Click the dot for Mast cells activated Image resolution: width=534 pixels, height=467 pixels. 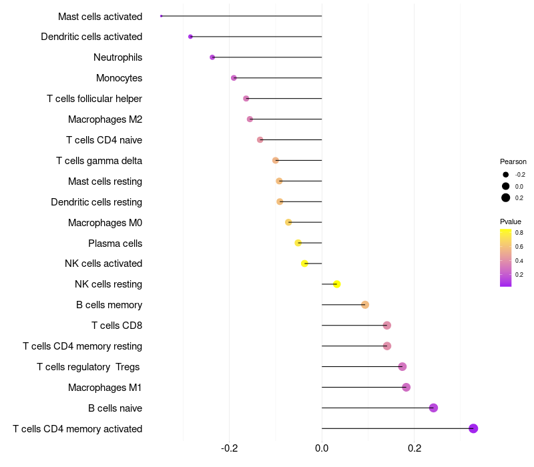(162, 16)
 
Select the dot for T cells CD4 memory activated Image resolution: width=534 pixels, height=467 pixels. (473, 428)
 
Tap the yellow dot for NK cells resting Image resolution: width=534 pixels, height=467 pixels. (337, 284)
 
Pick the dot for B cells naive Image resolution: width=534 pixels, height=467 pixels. (433, 408)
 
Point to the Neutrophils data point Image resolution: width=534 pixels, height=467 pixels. (212, 57)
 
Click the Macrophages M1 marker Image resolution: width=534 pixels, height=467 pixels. (406, 387)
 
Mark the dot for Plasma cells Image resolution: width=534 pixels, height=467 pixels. (298, 243)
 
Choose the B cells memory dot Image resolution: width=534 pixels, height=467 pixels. (365, 305)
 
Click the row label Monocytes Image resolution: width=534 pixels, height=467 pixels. (119, 78)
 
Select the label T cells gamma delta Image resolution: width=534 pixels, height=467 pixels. (99, 161)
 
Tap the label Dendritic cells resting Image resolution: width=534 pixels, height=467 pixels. (96, 202)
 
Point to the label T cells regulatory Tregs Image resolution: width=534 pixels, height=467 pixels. (89, 367)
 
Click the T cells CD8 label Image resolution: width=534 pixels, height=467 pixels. (117, 326)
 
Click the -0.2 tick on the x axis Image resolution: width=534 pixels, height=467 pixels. (229, 448)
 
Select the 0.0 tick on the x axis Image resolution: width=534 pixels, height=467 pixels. (322, 448)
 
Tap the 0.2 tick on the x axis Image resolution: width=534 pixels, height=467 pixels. (414, 448)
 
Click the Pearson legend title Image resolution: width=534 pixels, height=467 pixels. (513, 161)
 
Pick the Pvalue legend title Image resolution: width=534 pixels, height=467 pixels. (511, 221)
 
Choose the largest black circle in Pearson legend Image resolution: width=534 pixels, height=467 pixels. (506, 197)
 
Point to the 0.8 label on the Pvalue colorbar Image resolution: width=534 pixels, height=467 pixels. (519, 233)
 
